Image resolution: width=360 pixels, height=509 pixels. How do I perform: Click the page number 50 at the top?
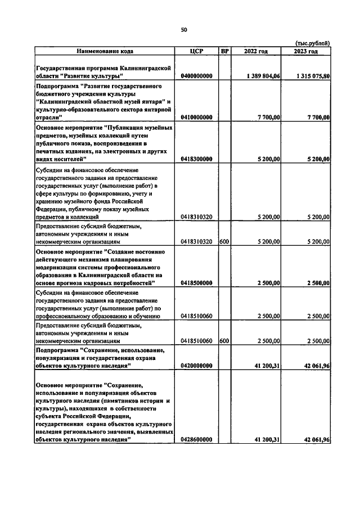point(183,30)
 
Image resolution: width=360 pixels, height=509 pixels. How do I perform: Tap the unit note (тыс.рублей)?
point(313,43)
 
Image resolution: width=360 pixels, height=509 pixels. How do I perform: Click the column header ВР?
point(225,51)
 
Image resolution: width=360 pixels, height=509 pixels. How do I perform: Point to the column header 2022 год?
point(256,51)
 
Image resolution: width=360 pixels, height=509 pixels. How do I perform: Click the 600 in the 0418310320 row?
point(224,241)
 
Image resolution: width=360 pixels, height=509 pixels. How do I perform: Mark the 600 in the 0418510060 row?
point(224,340)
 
